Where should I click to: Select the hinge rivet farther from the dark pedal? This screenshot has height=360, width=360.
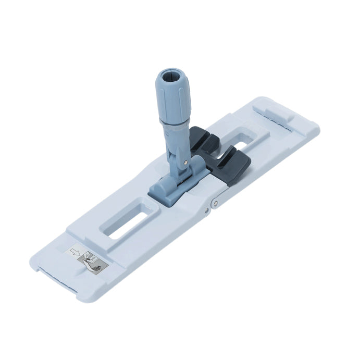pyautogui.click(x=206, y=210)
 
